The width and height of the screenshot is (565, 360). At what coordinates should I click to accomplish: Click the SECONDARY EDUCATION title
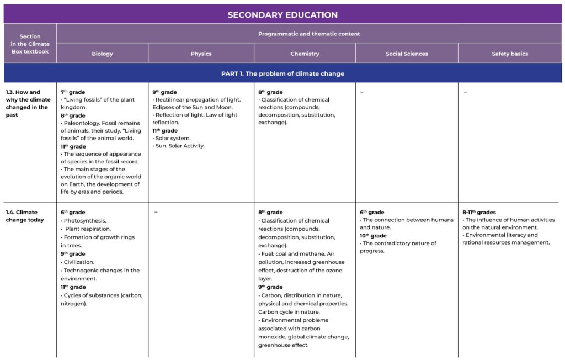282,15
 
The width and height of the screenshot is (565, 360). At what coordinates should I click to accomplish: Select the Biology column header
102,54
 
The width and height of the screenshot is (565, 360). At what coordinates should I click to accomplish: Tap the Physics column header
201,54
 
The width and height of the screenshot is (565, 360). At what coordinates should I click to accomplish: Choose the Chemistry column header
305,54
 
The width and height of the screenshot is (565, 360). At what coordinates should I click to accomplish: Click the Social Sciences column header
407,54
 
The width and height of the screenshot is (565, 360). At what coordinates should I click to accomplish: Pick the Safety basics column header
510,54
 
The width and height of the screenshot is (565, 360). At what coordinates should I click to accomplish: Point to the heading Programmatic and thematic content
309,34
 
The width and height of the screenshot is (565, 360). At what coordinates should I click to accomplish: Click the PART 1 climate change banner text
282,73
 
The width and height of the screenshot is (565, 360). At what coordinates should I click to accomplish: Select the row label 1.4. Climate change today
25,216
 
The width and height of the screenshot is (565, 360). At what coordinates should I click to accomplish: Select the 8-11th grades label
479,212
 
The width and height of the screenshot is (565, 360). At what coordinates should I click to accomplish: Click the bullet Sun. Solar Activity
180,146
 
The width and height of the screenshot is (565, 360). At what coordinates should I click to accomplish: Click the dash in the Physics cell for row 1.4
156,212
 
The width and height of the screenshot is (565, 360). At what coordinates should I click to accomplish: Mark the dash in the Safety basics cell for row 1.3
465,93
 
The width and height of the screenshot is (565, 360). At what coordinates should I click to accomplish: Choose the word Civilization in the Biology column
79,262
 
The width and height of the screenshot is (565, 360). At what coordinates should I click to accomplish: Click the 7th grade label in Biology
72,92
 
